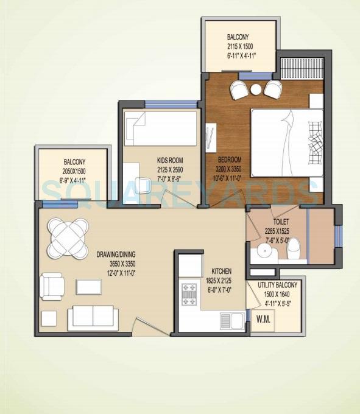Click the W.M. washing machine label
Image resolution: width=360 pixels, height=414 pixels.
point(264,319)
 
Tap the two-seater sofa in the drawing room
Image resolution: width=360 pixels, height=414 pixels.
point(93,316)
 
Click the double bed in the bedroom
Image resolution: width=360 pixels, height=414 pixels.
point(286,142)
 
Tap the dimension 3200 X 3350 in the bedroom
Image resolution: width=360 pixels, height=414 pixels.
point(235,169)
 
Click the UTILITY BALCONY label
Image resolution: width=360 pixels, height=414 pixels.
point(277,285)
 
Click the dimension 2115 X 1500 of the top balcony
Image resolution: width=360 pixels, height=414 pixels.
point(241,46)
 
